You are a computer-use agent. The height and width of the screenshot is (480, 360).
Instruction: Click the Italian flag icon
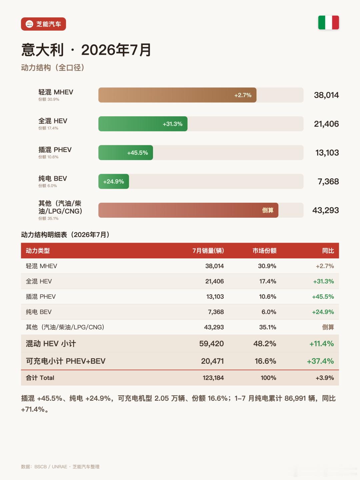click(328, 23)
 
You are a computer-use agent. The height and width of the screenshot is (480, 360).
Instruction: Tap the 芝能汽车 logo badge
click(43, 24)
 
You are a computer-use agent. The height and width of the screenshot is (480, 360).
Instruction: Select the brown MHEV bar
click(177, 95)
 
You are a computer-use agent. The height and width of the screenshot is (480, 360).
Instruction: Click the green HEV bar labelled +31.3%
click(143, 124)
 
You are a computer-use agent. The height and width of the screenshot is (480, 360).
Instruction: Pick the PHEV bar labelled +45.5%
click(126, 153)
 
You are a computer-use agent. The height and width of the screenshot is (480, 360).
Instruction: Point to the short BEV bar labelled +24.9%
click(114, 182)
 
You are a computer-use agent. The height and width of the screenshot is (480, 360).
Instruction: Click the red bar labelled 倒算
click(188, 210)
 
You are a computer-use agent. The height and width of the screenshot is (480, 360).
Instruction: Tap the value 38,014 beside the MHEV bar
click(326, 95)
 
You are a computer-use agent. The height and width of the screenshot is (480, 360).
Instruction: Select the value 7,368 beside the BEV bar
click(328, 182)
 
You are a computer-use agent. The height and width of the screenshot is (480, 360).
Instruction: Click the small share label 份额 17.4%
click(48, 128)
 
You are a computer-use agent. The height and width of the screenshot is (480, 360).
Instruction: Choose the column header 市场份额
click(264, 251)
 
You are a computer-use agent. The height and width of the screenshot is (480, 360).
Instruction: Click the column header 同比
click(328, 251)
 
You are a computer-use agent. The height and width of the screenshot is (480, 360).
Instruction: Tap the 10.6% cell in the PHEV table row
click(268, 297)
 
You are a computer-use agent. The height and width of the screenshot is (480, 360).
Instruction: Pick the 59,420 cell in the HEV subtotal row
click(211, 344)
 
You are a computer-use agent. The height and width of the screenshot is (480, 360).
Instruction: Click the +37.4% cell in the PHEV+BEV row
click(320, 361)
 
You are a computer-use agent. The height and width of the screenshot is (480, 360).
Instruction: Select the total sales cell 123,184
click(213, 378)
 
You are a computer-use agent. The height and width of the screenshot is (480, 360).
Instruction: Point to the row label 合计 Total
click(40, 378)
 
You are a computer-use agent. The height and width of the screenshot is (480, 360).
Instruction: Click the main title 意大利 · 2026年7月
click(86, 50)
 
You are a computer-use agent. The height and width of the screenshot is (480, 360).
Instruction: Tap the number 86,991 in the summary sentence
click(295, 398)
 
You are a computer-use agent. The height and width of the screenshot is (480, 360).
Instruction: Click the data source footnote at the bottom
click(60, 467)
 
